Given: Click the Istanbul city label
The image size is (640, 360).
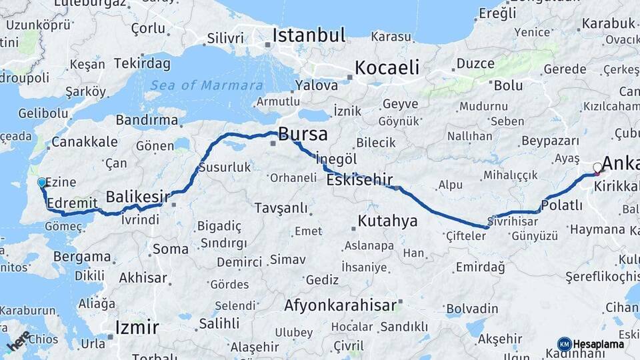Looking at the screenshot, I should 309,35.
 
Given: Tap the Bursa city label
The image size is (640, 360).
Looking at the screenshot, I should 303,134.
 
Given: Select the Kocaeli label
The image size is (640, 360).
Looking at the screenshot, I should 387,67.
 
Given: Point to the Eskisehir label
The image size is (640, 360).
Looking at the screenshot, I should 359,179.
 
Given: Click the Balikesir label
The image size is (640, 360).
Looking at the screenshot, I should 138,197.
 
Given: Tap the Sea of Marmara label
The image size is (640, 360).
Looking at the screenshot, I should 206,85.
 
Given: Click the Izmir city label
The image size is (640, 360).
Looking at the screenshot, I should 137,327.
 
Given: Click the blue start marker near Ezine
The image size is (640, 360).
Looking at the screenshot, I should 42,182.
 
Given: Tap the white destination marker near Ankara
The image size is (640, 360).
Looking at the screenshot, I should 597,168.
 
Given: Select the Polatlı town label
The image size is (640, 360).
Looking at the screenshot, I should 562,205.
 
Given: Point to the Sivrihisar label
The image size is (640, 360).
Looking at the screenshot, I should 513,221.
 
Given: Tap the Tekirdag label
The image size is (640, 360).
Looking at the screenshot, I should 142,64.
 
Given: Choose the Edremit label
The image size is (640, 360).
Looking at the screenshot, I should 69,201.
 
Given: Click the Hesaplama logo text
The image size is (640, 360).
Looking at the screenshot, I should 599,344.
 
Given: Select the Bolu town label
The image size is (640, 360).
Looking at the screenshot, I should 508,85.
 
